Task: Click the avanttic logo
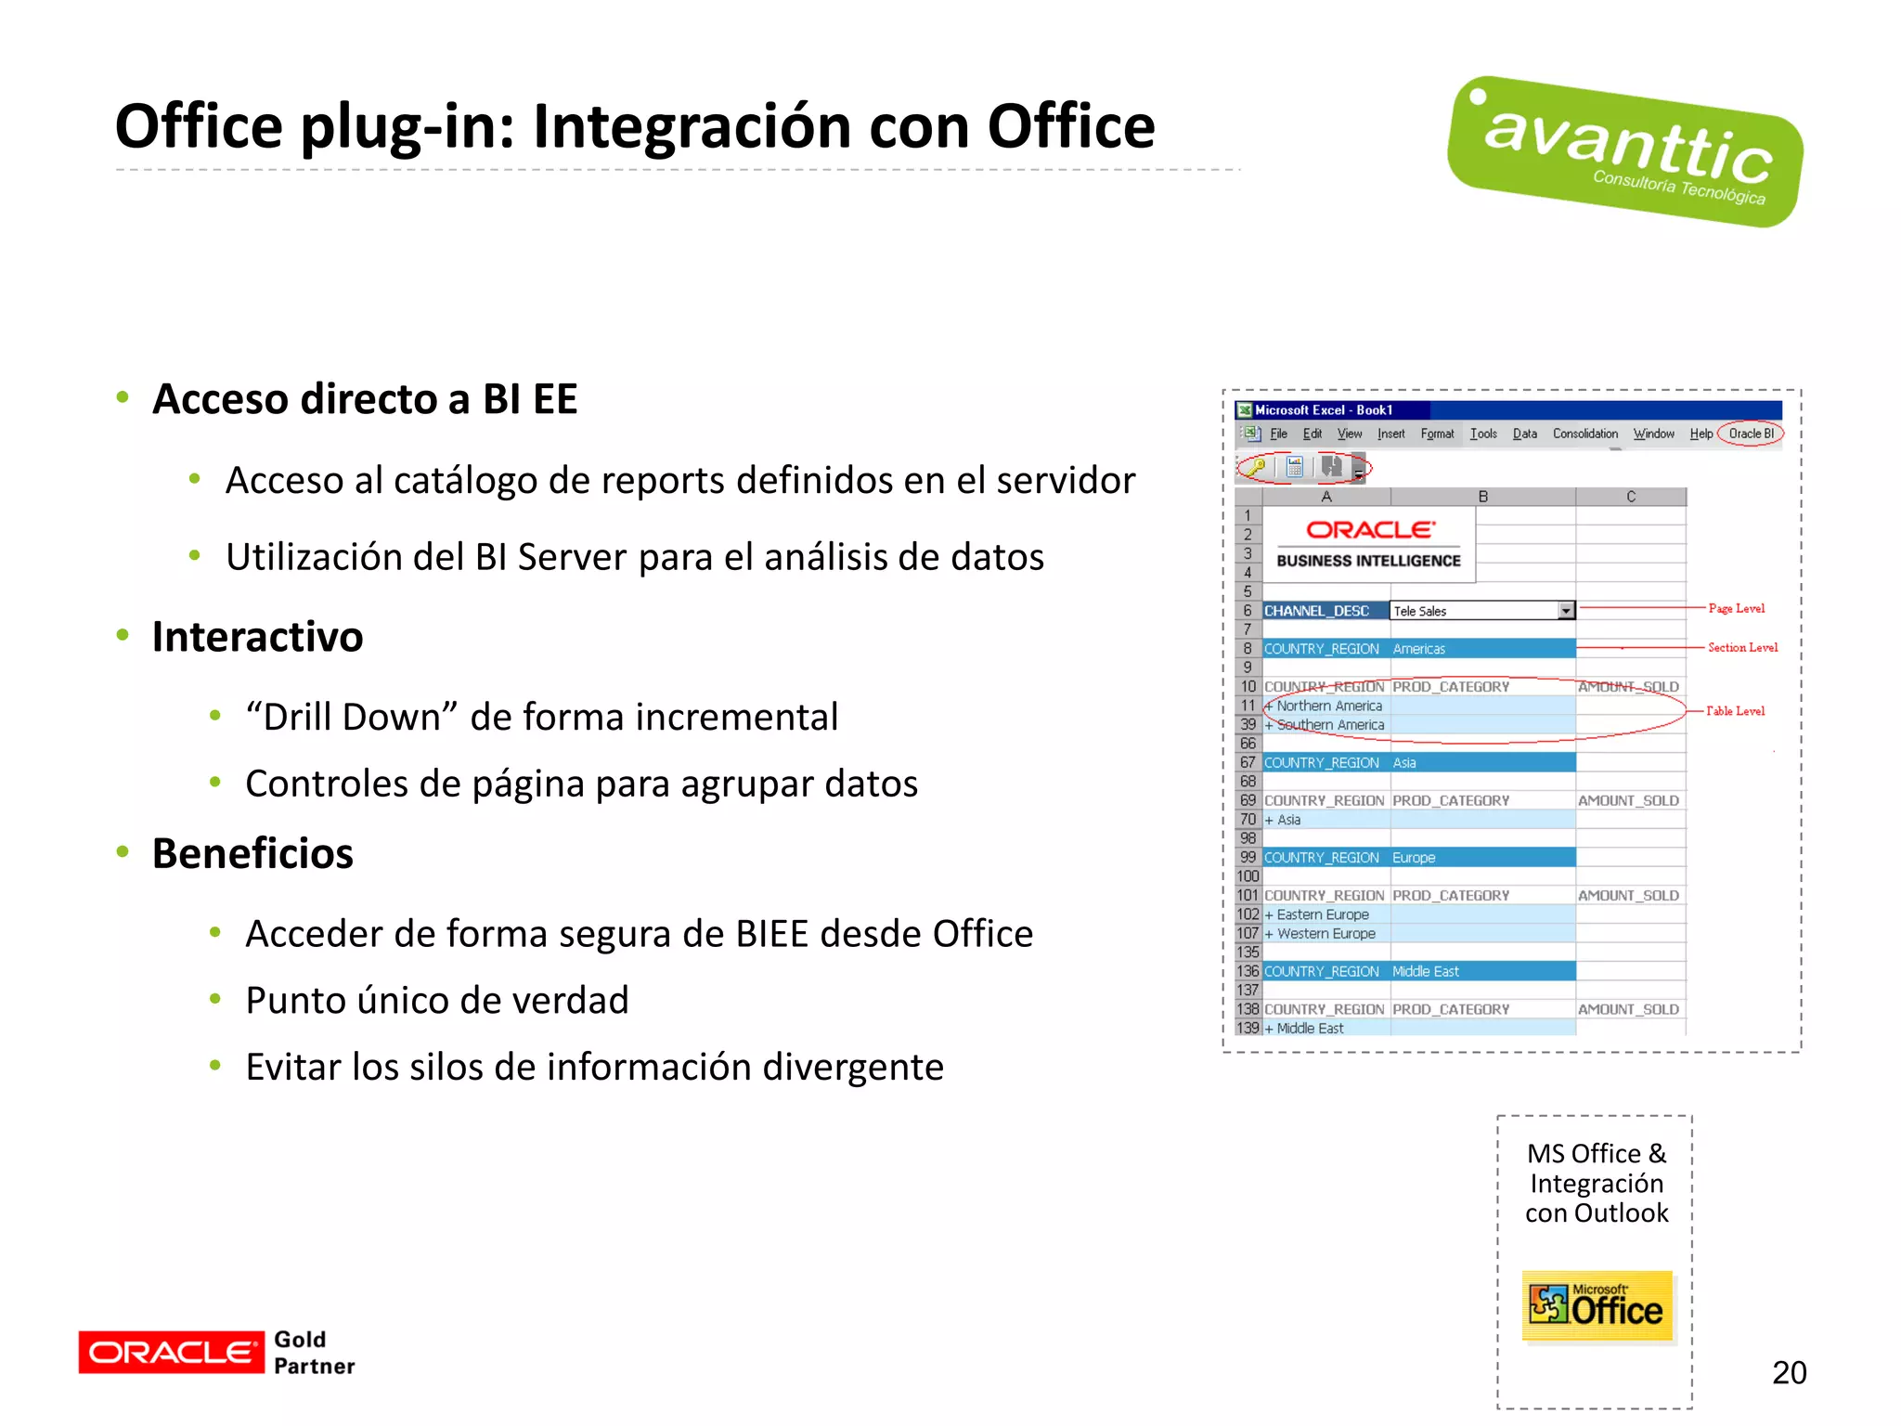click(1624, 151)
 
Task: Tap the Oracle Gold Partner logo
click(217, 1352)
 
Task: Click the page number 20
click(1789, 1372)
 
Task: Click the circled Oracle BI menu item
click(1751, 434)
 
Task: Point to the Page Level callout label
click(1736, 609)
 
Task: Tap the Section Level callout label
click(1742, 648)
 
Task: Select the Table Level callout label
click(1735, 711)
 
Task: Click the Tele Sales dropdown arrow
click(1566, 611)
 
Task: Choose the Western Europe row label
click(1326, 934)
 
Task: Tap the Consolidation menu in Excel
click(1584, 434)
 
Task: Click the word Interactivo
click(257, 637)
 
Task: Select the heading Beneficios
click(252, 853)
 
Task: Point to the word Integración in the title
click(692, 126)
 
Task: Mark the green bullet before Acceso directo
click(123, 398)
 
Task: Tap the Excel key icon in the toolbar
click(1256, 467)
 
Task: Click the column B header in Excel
click(1482, 497)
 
